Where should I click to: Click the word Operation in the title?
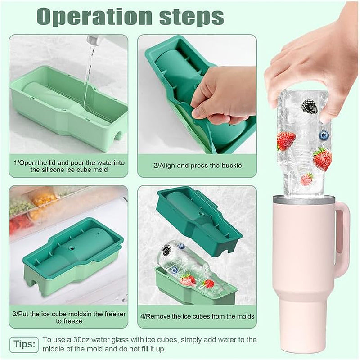pyautogui.click(x=94, y=17)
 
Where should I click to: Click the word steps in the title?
pyautogui.click(x=192, y=17)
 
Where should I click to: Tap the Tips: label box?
pyautogui.click(x=24, y=344)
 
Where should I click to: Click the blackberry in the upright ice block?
pyautogui.click(x=310, y=106)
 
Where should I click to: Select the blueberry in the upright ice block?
pyautogui.click(x=324, y=135)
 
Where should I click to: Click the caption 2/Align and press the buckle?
pyautogui.click(x=198, y=166)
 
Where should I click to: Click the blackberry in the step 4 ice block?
pyautogui.click(x=166, y=250)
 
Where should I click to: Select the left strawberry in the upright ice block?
pyautogui.click(x=286, y=140)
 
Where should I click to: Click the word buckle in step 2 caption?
pyautogui.click(x=232, y=166)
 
